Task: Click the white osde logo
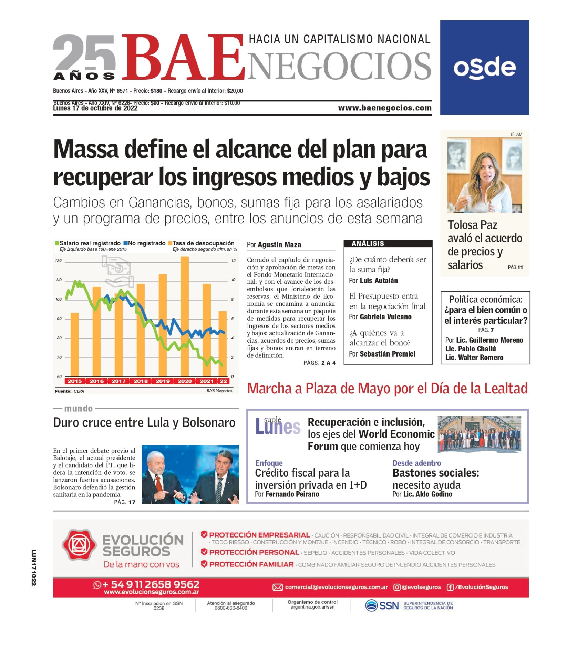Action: pyautogui.click(x=484, y=68)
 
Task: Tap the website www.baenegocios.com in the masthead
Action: pyautogui.click(x=384, y=108)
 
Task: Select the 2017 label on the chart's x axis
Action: pyautogui.click(x=118, y=381)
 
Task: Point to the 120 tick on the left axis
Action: pyautogui.click(x=58, y=261)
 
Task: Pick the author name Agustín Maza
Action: pyautogui.click(x=279, y=245)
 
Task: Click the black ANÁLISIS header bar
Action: pyautogui.click(x=388, y=243)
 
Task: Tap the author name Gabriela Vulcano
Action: pyautogui.click(x=385, y=317)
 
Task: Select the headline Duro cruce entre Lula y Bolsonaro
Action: pyautogui.click(x=144, y=423)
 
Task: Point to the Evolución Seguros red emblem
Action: pyautogui.click(x=79, y=545)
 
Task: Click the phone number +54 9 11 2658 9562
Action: pyautogui.click(x=151, y=584)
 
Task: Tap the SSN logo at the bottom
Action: pyautogui.click(x=382, y=605)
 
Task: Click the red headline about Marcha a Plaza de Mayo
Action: pyautogui.click(x=387, y=389)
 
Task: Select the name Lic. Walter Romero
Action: pyautogui.click(x=474, y=358)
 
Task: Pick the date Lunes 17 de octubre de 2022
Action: pyautogui.click(x=95, y=108)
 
